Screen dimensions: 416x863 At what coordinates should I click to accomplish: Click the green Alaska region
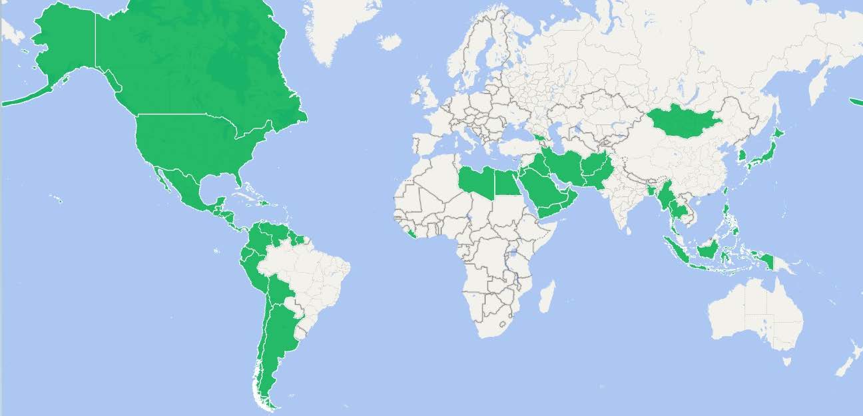64,40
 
